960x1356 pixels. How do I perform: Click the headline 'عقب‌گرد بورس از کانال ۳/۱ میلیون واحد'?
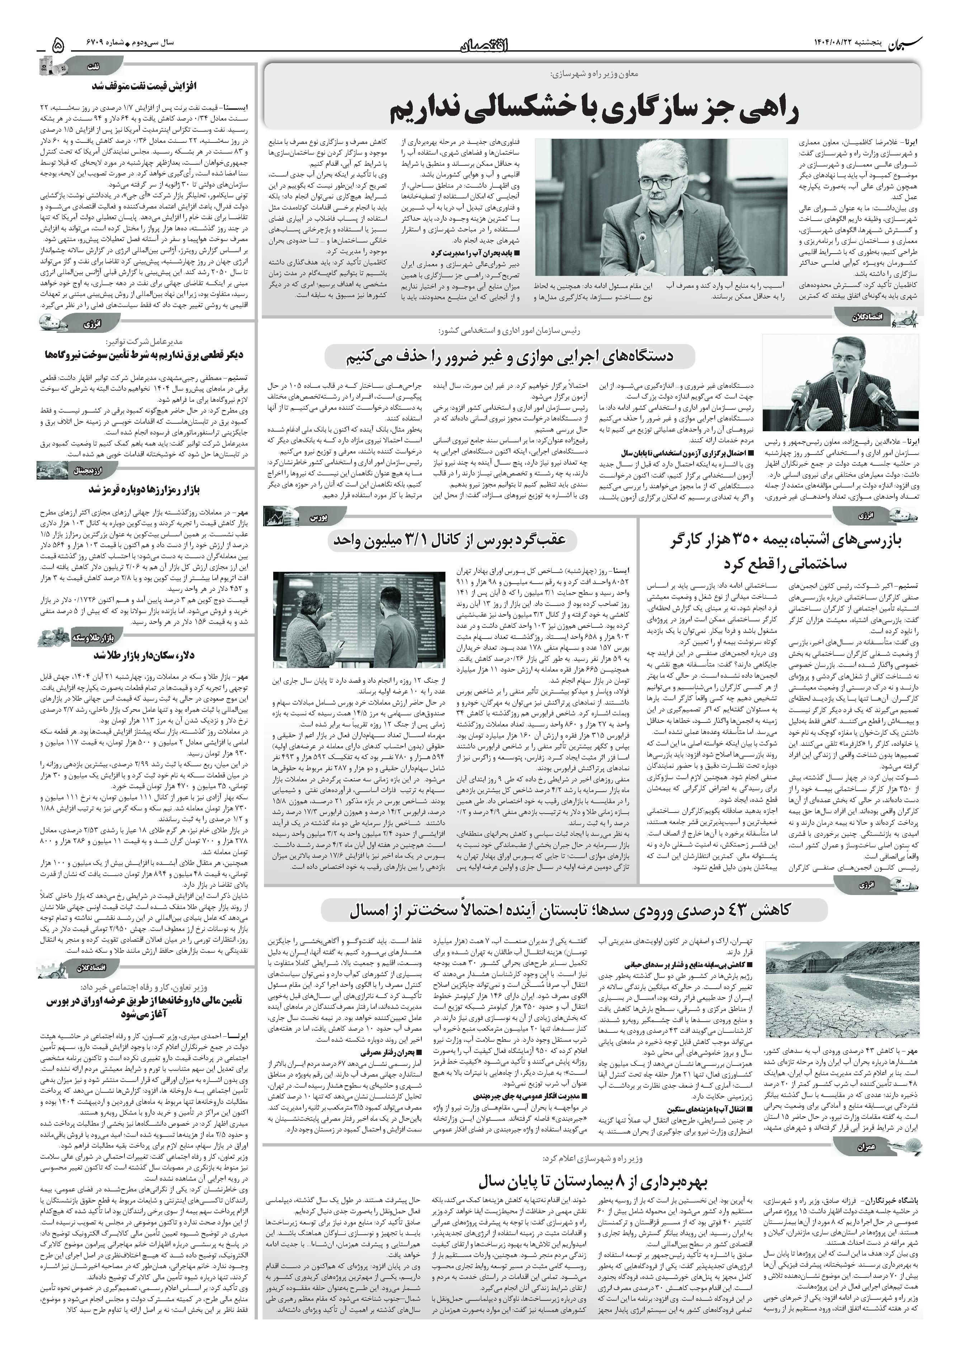[x=450, y=539]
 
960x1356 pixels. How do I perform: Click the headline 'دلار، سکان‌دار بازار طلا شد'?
[x=145, y=655]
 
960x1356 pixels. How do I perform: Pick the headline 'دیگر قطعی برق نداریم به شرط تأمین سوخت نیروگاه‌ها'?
[x=145, y=355]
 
